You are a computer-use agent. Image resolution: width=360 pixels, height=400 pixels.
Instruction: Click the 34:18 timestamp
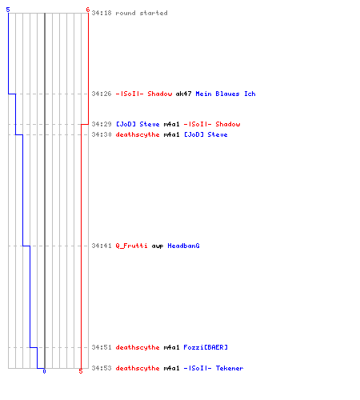click(102, 13)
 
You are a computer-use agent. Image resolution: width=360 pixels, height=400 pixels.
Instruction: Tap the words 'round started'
click(142, 13)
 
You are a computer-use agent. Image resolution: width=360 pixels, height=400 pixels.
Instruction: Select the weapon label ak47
click(183, 94)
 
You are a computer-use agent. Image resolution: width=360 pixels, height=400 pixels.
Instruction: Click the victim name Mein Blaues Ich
click(226, 94)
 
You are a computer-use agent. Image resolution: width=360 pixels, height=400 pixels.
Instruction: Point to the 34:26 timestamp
click(102, 94)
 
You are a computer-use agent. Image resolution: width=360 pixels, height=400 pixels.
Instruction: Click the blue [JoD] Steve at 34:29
click(138, 124)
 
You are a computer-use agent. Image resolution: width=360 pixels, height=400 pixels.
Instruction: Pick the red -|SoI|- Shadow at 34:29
click(212, 124)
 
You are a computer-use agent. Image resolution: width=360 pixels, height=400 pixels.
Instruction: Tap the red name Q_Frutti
click(131, 246)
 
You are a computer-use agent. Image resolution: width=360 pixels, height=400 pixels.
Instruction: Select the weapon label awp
click(158, 246)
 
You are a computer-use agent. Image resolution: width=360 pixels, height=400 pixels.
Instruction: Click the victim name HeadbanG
click(183, 246)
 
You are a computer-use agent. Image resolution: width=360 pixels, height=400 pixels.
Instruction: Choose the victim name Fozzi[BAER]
click(206, 347)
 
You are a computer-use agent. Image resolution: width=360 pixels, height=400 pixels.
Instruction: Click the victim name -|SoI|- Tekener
click(214, 368)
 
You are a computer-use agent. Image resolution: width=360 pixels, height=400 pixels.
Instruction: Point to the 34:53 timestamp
click(102, 368)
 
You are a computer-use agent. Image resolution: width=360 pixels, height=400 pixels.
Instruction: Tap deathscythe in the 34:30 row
click(138, 134)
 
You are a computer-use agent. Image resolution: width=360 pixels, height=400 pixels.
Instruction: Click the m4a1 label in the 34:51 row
click(171, 347)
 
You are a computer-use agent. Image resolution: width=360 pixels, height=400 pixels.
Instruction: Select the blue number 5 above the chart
click(8, 10)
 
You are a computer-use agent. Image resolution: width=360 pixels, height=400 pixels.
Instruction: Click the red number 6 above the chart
click(88, 10)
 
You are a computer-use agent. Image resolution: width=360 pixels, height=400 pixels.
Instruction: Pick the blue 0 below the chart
click(44, 371)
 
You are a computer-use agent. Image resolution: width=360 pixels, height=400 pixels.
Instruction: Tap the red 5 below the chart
click(81, 371)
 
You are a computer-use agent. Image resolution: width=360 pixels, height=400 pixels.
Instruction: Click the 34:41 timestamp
click(102, 246)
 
